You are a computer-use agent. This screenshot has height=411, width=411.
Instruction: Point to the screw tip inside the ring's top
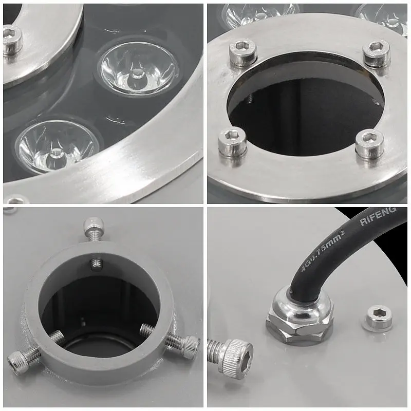tap(96, 264)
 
